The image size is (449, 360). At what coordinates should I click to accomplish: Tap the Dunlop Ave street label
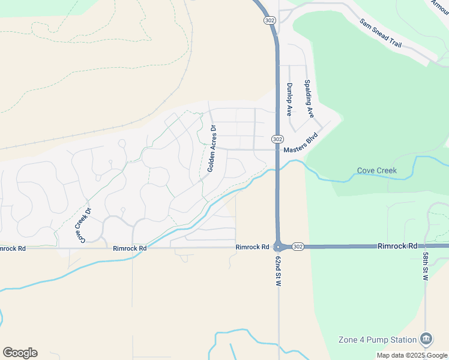click(289, 100)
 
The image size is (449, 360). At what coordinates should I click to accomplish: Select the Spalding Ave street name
click(309, 98)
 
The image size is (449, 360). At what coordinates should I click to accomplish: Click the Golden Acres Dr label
click(211, 148)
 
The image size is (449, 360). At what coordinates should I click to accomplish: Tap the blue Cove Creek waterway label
click(377, 170)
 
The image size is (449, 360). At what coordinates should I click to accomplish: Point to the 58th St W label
click(424, 264)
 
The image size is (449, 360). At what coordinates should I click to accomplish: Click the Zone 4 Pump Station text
click(377, 340)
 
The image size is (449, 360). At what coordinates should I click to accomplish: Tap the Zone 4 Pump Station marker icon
click(427, 339)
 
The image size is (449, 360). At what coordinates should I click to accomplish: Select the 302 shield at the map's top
click(270, 20)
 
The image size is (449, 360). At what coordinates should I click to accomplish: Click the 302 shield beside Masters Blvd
click(277, 139)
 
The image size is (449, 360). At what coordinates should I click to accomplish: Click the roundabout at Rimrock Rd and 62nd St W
click(278, 247)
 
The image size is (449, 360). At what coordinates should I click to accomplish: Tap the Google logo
click(20, 353)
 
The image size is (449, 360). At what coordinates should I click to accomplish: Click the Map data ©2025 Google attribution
click(411, 355)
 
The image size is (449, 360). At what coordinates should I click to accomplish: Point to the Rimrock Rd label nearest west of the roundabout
click(252, 247)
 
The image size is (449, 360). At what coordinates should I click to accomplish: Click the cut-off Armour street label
click(440, 7)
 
